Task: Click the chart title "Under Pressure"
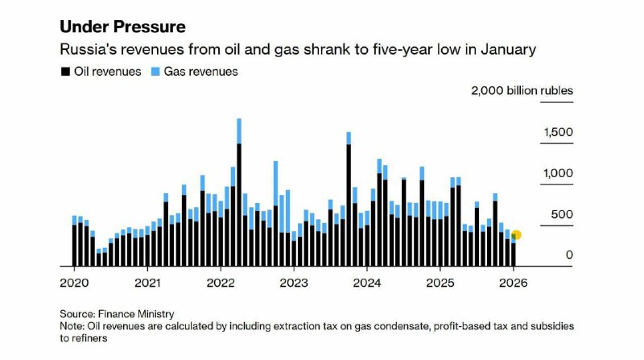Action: (x=122, y=27)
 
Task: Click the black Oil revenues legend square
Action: (x=65, y=72)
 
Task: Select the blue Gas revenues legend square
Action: (x=155, y=72)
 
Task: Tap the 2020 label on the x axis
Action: (x=74, y=283)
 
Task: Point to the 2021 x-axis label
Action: (x=147, y=283)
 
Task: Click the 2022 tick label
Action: (x=221, y=283)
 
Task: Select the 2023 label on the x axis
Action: (x=294, y=283)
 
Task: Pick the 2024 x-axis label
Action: (x=367, y=283)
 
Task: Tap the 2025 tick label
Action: (x=440, y=283)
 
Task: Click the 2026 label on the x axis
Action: (x=514, y=283)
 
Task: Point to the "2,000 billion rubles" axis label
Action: (x=522, y=90)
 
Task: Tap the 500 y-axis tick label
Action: (x=563, y=214)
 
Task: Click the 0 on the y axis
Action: (x=569, y=255)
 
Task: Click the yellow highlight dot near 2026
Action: (x=516, y=235)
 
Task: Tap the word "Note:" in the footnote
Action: (x=73, y=326)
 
